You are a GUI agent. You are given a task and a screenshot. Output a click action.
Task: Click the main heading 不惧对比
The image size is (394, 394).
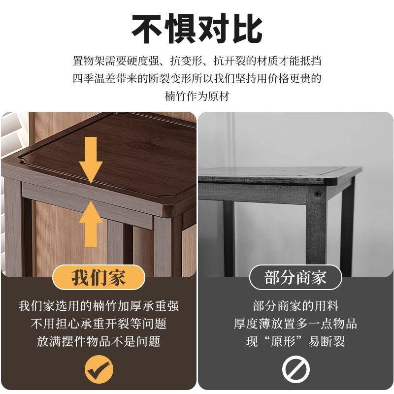(197, 29)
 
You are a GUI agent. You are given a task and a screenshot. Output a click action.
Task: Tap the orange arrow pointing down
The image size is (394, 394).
(91, 160)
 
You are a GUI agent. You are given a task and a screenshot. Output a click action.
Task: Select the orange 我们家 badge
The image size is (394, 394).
(99, 277)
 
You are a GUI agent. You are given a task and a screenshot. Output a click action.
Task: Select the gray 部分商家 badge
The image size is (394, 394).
(295, 277)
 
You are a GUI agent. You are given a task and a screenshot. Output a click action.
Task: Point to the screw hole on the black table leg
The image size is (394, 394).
(317, 194)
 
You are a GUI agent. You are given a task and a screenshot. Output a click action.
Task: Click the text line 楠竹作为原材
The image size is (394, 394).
(197, 96)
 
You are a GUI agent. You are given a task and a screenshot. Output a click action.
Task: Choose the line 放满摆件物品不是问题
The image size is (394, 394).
(98, 341)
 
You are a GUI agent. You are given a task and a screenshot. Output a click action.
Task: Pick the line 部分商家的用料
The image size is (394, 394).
(295, 306)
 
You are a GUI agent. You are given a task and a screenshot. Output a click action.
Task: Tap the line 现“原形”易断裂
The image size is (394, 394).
(295, 341)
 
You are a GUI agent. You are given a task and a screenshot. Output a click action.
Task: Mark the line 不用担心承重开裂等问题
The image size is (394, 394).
(98, 324)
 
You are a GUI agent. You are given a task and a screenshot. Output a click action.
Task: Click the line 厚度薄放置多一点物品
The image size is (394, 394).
(295, 324)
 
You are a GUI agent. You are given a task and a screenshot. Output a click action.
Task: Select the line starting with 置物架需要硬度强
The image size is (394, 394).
(197, 61)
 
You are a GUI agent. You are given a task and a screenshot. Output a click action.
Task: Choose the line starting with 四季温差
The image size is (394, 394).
(197, 78)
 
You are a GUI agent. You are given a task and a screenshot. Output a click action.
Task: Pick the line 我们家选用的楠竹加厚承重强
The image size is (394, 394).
(98, 306)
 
